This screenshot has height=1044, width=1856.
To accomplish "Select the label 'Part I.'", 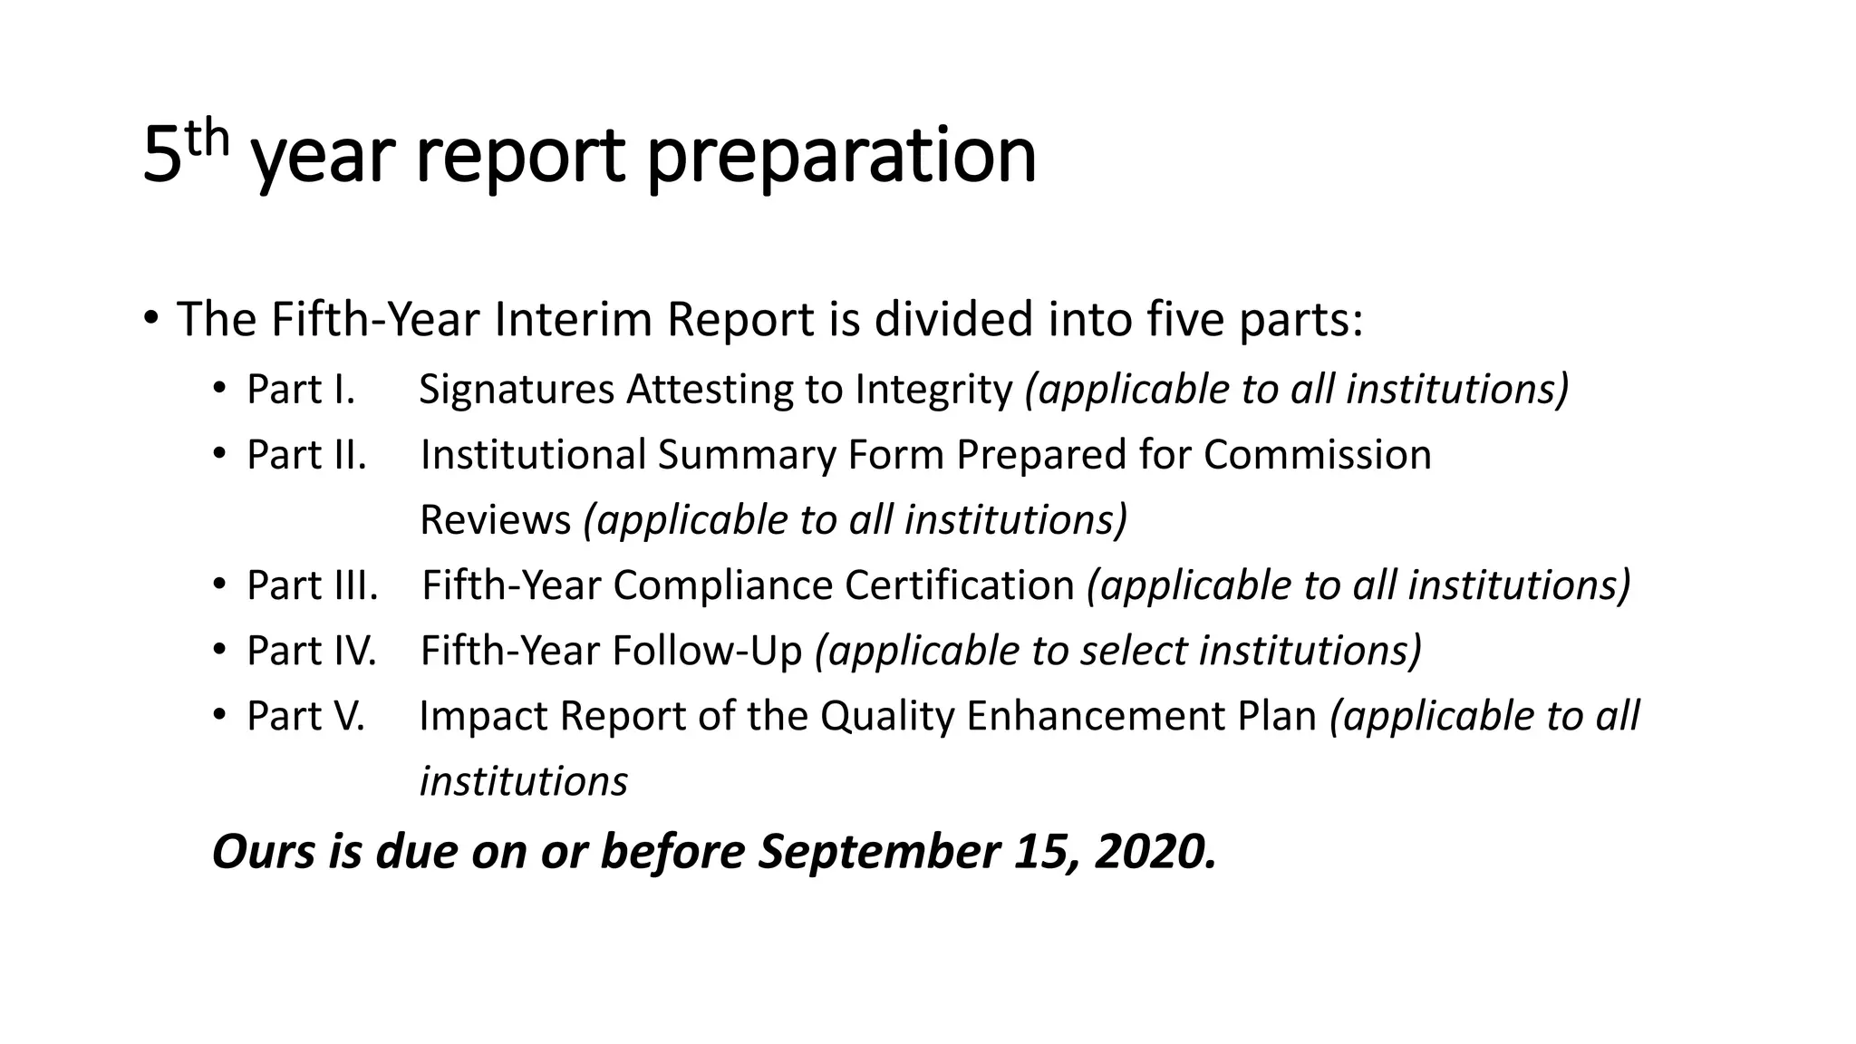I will point(301,390).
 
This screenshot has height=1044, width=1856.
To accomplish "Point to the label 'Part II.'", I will point(306,455).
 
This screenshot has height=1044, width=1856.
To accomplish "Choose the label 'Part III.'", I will point(312,585).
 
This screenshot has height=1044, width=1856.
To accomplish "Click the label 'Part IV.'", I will point(311,651).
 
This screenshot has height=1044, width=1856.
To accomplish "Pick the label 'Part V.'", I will point(305,716).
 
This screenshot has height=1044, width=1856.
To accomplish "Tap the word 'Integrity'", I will point(933,390).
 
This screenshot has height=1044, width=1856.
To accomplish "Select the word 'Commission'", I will point(1317,455).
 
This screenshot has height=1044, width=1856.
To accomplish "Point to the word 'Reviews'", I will point(496,520).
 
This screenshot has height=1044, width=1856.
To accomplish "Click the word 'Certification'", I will point(959,585).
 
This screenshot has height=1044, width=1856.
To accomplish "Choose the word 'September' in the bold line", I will point(877,852).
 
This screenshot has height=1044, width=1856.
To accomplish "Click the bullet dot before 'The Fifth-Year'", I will point(150,319).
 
